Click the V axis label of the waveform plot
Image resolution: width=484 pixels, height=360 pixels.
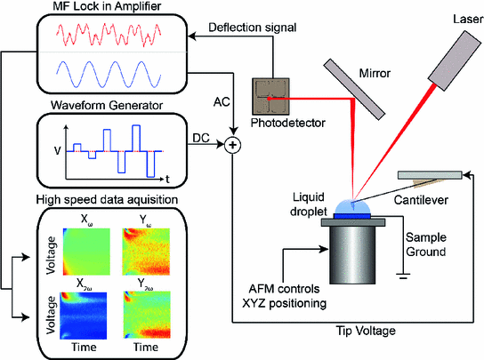point(56,150)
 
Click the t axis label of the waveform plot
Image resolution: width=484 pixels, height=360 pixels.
point(167,166)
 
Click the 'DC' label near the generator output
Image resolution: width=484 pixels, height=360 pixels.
point(202,136)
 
